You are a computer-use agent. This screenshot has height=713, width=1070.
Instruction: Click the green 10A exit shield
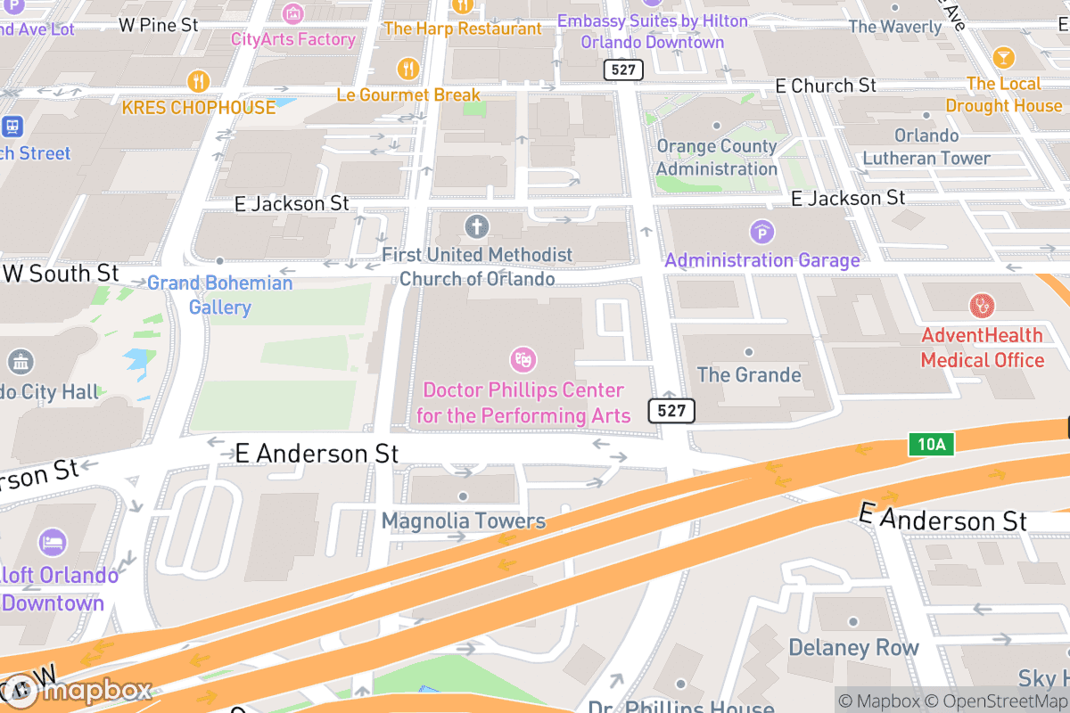[928, 444]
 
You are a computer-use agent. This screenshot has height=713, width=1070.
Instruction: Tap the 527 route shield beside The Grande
[671, 410]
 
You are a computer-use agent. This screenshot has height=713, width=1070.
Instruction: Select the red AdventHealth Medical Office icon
[982, 306]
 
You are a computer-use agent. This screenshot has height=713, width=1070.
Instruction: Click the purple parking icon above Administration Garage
[761, 233]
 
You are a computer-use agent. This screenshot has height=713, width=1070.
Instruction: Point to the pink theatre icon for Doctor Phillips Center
[523, 360]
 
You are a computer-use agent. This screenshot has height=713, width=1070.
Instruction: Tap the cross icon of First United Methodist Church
[477, 225]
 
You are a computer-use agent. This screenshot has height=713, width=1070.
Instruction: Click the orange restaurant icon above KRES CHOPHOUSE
[198, 82]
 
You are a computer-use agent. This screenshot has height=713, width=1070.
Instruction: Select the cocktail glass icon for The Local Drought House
[1003, 58]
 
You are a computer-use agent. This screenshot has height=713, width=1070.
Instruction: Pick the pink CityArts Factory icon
[292, 14]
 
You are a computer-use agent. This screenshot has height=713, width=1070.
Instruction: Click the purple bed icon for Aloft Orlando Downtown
[52, 542]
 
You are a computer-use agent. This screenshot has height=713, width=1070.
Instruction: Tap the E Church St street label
[826, 86]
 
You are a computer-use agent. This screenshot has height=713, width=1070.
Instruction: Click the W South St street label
[61, 273]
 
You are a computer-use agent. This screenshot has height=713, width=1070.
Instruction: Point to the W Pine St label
[159, 25]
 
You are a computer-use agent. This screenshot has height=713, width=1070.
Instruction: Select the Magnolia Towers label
[464, 520]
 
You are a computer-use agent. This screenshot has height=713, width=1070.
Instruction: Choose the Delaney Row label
[853, 648]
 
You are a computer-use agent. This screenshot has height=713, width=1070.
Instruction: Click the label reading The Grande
[749, 374]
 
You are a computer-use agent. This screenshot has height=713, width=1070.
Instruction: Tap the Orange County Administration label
[717, 158]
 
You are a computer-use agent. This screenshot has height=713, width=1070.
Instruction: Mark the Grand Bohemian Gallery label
[220, 295]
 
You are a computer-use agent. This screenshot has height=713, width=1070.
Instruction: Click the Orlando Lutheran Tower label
[926, 147]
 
